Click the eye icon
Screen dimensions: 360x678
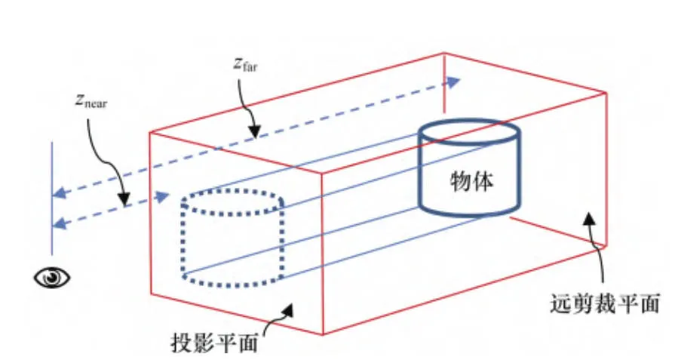[x=52, y=277]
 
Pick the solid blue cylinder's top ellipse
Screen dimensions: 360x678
[x=470, y=132]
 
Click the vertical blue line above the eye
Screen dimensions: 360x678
[x=52, y=196]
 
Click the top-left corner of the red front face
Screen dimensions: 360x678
[x=151, y=133]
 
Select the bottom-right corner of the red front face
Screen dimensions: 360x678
[x=324, y=334]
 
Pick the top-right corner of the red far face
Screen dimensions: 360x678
[x=606, y=93]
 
